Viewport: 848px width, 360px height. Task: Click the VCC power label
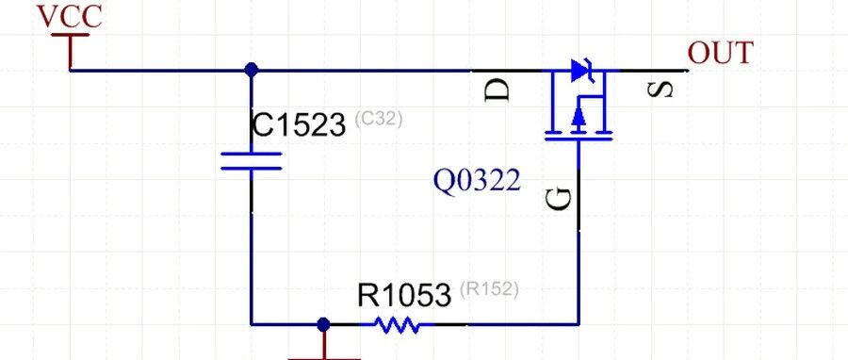point(69,16)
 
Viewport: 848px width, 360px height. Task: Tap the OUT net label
point(721,53)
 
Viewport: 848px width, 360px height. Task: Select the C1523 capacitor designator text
point(299,125)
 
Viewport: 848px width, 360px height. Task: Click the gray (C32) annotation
point(379,119)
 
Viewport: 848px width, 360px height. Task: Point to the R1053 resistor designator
point(404,295)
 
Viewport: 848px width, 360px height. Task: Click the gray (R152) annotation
point(489,289)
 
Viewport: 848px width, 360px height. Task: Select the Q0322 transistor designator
point(478,181)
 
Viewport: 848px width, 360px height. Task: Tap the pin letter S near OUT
point(660,90)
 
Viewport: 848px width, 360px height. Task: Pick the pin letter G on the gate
point(559,199)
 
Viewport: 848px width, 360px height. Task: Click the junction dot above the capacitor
point(251,70)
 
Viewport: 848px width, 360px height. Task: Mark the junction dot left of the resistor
point(323,324)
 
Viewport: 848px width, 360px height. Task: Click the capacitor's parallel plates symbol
point(251,161)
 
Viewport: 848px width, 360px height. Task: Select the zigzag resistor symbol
point(397,325)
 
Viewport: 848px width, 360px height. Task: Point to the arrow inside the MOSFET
point(579,115)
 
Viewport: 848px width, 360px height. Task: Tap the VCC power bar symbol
point(71,35)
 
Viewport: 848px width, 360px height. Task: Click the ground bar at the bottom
point(324,358)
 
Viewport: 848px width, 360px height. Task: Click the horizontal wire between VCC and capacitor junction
point(160,71)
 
